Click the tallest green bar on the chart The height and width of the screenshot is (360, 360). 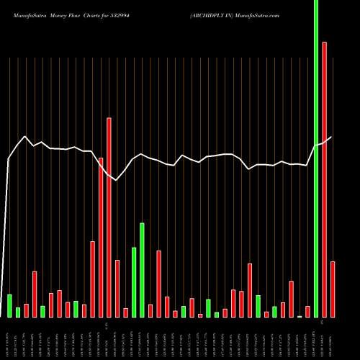click(316, 158)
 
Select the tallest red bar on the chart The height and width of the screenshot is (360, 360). click(325, 180)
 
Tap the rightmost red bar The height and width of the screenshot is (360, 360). click(333, 289)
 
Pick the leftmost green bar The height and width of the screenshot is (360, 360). click(9, 305)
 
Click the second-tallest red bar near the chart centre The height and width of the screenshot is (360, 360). click(109, 216)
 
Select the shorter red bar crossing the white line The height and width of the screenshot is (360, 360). click(101, 237)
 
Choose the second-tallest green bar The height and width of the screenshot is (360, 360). click(142, 270)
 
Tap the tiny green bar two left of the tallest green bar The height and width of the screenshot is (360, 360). click(300, 316)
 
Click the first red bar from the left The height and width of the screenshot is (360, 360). click(26, 310)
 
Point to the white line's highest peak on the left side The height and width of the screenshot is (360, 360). click(26, 137)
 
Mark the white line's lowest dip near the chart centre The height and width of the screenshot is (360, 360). click(115, 180)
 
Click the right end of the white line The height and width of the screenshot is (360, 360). click(332, 137)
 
